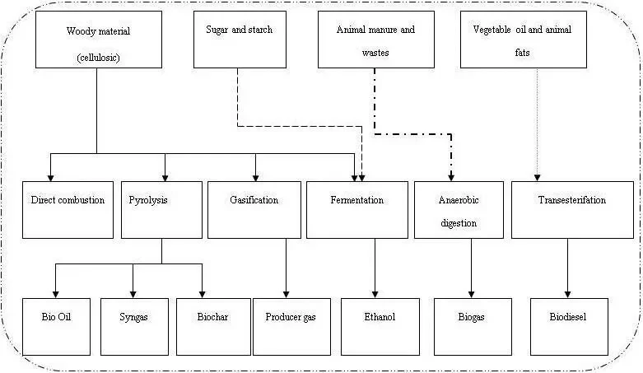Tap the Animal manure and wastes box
[375, 40]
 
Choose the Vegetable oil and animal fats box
[538, 40]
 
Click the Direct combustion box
[68, 209]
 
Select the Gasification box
[254, 209]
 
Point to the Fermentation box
[356, 209]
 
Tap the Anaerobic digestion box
[459, 209]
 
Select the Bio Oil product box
[56, 325]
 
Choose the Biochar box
[213, 325]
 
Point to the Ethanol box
[380, 325]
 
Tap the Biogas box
[472, 325]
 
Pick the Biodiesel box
[567, 325]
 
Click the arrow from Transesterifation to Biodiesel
[567, 268]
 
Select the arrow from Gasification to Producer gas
[286, 268]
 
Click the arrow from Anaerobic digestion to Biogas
[472, 268]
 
